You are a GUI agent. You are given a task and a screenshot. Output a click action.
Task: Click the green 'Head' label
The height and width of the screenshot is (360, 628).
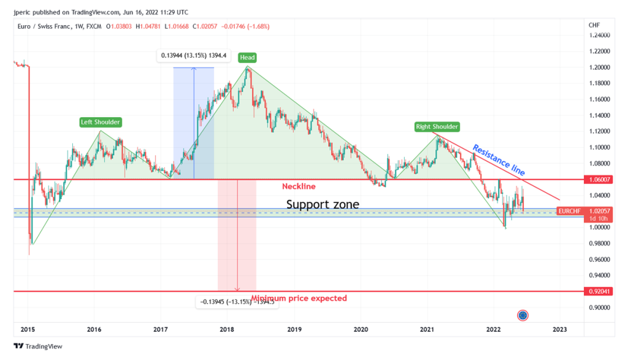(x=247, y=58)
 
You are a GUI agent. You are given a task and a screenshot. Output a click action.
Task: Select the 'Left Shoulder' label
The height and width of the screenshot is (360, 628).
(x=101, y=122)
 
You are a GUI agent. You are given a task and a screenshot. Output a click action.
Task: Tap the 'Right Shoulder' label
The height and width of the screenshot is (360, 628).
(x=437, y=127)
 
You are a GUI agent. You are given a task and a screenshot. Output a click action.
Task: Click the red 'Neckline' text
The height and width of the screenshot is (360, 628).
(x=299, y=186)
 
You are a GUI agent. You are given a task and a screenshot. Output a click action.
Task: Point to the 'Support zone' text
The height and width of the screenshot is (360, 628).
(x=323, y=204)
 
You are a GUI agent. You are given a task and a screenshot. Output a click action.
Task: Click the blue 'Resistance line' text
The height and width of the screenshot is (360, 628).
(x=499, y=160)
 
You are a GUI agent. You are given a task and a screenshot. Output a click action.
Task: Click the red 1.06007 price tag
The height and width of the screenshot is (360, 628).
(x=599, y=180)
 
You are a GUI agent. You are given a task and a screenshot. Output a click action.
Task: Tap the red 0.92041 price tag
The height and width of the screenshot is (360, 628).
(x=599, y=291)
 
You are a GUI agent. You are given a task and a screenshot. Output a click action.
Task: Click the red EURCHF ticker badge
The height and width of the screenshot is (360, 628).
(x=569, y=211)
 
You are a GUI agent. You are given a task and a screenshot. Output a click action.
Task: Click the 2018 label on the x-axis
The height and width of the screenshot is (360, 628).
(x=228, y=329)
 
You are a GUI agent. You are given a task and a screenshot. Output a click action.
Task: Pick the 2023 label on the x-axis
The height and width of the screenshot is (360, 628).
(x=559, y=329)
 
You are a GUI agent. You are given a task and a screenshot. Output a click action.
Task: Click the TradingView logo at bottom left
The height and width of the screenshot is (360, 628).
(x=38, y=346)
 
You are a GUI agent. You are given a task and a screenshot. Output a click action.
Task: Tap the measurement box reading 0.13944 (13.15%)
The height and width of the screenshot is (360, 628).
(x=194, y=56)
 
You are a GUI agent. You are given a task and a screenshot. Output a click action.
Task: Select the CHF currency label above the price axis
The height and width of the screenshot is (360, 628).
(x=594, y=25)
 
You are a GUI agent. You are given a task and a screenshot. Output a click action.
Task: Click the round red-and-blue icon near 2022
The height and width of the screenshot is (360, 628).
(x=523, y=315)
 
